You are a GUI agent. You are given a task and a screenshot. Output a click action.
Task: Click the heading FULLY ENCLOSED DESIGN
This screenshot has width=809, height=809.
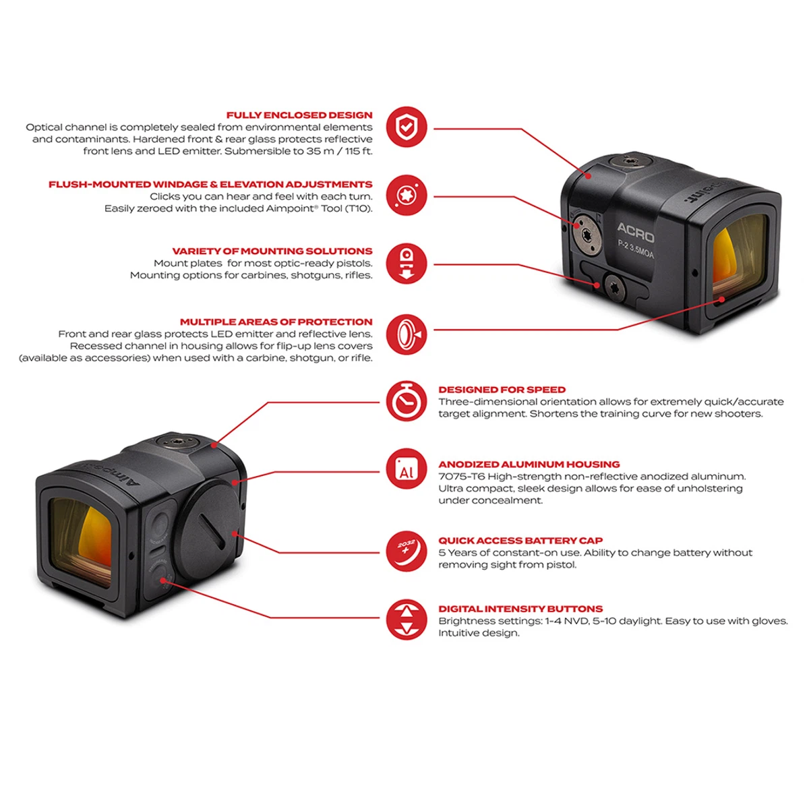[x=299, y=115]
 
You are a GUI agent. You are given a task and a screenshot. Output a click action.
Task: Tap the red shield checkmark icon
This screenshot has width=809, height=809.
[x=407, y=127]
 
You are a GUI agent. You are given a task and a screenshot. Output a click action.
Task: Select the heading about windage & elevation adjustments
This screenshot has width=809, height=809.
[x=210, y=184]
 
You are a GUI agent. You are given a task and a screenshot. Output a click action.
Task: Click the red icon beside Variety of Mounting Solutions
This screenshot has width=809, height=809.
[x=407, y=264]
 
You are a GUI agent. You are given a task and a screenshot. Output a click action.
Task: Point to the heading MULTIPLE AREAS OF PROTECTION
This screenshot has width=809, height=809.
[x=276, y=322]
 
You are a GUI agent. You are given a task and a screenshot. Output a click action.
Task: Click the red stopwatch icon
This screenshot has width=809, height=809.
[x=407, y=401]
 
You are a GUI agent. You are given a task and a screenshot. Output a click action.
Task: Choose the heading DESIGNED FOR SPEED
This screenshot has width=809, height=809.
[x=502, y=390]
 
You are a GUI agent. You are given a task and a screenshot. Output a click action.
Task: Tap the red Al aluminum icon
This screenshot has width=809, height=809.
[x=407, y=469]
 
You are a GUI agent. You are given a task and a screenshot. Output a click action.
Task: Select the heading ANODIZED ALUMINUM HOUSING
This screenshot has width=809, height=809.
[x=529, y=465]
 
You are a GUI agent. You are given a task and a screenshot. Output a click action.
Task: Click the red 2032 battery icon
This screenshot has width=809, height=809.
[x=407, y=551]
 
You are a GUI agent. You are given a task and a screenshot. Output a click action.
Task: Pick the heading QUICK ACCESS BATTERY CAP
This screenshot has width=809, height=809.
[x=520, y=541]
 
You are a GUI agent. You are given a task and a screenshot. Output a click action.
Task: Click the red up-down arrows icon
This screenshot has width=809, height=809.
[x=407, y=620]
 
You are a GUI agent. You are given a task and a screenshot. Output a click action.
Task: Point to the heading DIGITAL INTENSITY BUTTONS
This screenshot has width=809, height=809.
[x=520, y=609]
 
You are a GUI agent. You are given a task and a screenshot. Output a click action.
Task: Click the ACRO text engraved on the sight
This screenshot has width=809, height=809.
[x=635, y=233]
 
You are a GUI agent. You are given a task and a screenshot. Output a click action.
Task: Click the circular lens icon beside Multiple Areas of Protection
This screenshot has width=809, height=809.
[x=407, y=334]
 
